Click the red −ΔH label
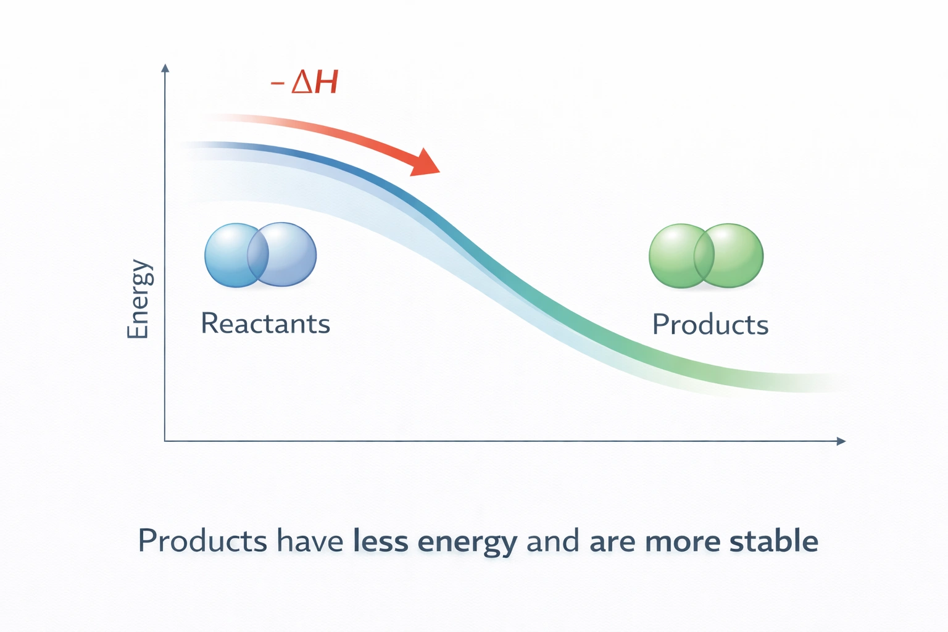click(x=304, y=82)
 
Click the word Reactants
click(x=265, y=324)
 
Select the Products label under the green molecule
click(x=710, y=325)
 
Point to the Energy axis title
click(x=138, y=299)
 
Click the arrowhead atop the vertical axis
click(x=165, y=68)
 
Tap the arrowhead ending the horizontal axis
click(x=841, y=441)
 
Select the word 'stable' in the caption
click(x=773, y=541)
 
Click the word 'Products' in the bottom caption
click(x=202, y=541)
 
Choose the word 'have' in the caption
click(x=310, y=541)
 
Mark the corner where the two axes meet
click(x=165, y=441)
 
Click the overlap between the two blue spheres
click(x=258, y=255)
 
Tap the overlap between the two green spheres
click(x=704, y=256)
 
